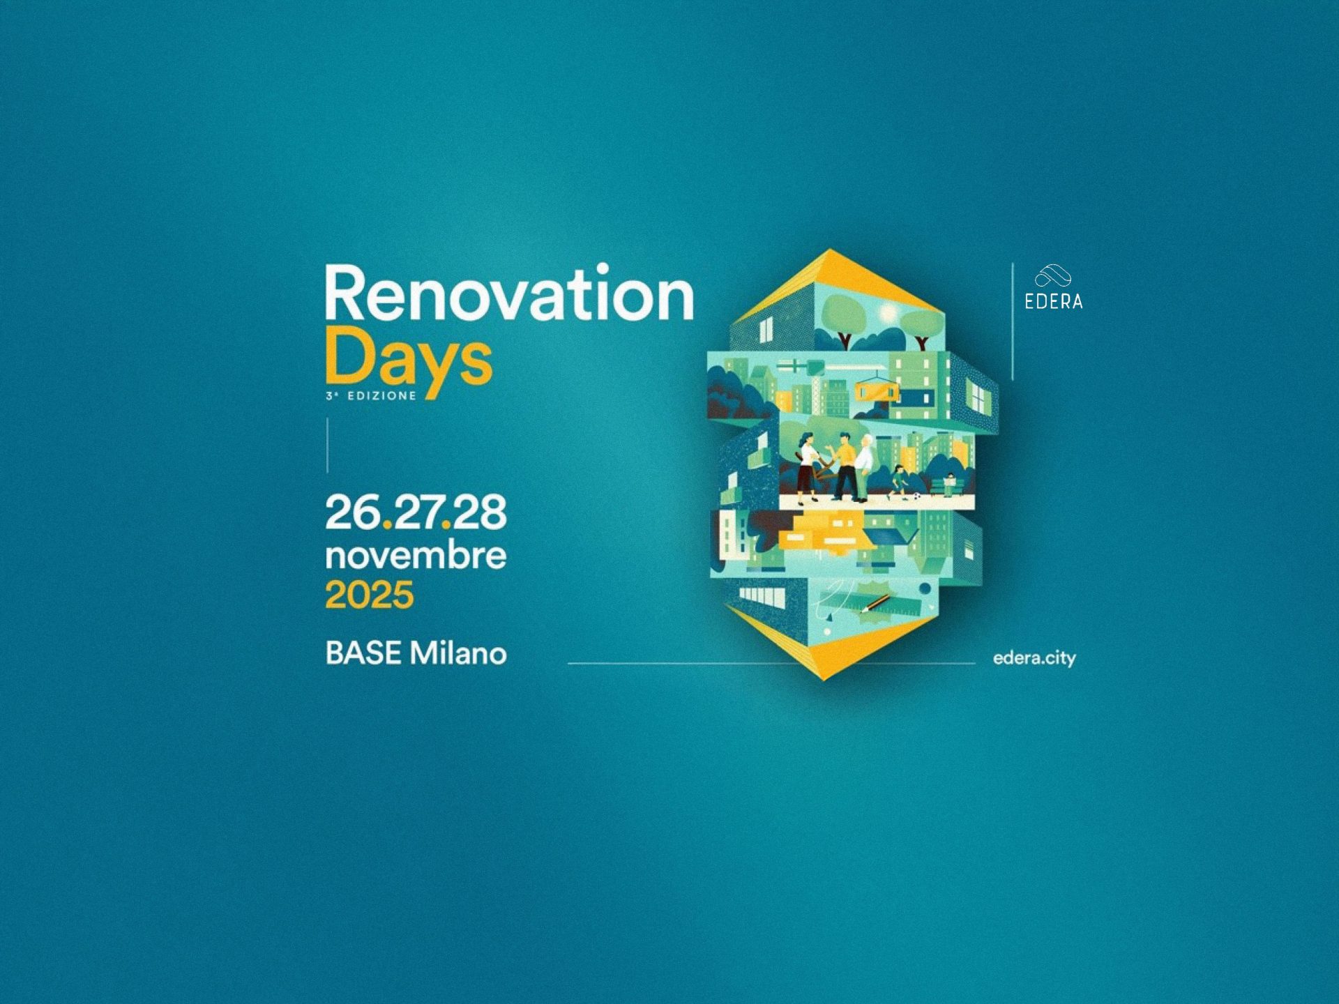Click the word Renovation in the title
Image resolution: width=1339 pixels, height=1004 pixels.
pos(509,293)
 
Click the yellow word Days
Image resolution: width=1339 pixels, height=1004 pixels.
pos(409,360)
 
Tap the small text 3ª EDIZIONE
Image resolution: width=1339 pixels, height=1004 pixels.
pos(371,395)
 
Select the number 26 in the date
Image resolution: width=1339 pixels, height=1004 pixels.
pos(353,512)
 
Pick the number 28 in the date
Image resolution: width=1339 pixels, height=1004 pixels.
pos(479,512)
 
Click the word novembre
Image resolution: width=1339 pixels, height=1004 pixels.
pos(416,556)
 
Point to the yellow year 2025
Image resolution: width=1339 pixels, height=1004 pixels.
pos(370,595)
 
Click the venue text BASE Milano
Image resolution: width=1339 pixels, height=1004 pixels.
pos(416,653)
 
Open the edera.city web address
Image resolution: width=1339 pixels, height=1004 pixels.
pos(1034,658)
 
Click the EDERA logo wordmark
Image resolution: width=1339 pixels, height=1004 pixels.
pos(1053,301)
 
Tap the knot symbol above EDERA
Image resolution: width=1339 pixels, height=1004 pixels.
pos(1053,276)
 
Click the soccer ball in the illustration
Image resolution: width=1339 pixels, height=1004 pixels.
pos(917,496)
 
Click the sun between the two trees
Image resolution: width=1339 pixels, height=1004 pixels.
pos(887,314)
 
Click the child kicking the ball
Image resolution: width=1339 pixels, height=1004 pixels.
pos(899,481)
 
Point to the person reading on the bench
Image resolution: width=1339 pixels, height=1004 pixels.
pos(949,483)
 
